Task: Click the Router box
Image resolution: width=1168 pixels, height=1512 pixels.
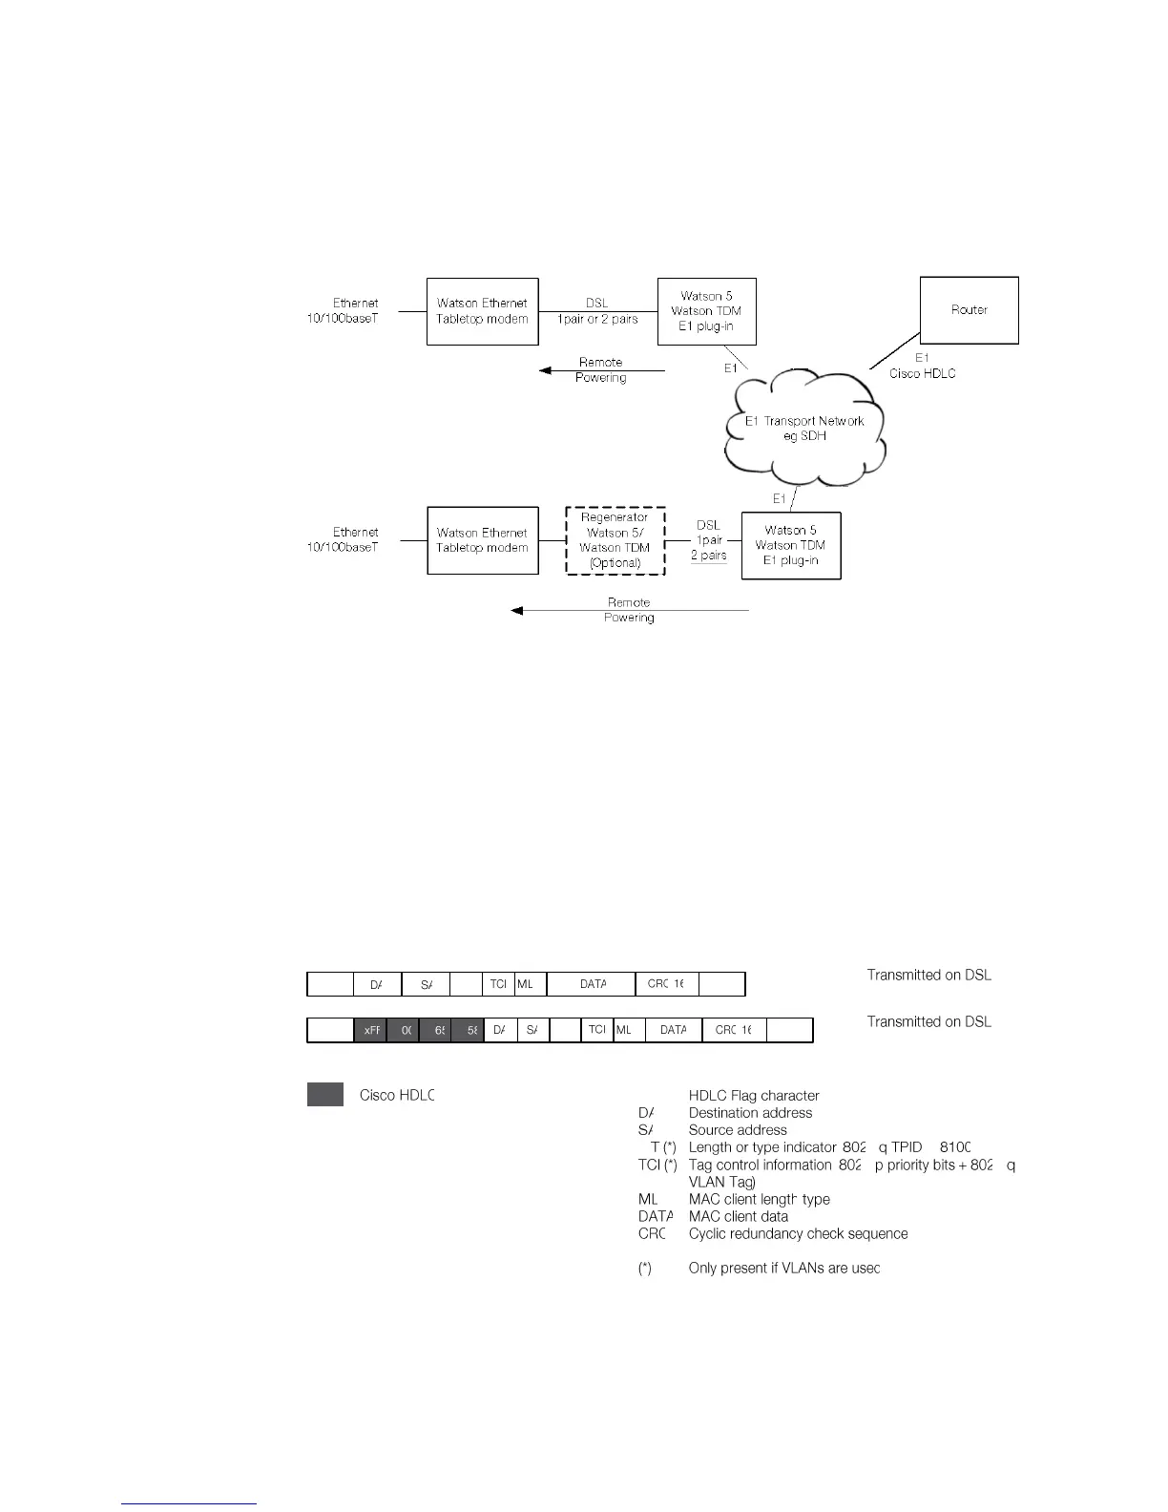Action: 969,310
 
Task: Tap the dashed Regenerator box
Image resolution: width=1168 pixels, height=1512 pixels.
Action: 615,540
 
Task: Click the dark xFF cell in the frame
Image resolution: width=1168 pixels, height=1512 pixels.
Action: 370,1031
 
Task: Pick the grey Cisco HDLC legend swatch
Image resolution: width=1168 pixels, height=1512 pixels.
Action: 324,1095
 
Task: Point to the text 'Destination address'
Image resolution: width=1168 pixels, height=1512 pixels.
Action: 750,1113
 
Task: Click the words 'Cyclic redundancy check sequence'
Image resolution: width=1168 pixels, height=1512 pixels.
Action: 798,1233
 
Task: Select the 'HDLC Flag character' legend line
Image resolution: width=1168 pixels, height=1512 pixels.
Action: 754,1096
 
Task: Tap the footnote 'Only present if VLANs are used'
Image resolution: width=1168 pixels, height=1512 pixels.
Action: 783,1268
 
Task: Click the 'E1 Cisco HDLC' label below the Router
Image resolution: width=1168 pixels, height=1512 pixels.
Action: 922,366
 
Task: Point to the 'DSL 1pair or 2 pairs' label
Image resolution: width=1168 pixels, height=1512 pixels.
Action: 597,311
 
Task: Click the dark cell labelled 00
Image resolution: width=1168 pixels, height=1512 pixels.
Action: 404,1031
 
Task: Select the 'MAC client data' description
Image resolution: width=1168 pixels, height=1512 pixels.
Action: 738,1216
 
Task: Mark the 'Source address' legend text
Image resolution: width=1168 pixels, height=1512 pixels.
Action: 738,1130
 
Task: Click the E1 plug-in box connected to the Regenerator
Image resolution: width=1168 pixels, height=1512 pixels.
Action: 790,545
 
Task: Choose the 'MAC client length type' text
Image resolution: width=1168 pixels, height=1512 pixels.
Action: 759,1199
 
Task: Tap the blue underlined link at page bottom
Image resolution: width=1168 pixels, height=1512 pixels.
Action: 189,1503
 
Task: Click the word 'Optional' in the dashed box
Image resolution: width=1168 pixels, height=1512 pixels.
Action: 615,563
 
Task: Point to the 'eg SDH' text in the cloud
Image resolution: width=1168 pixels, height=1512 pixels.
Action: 804,436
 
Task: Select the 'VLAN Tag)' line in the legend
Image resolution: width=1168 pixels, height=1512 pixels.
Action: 721,1182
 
